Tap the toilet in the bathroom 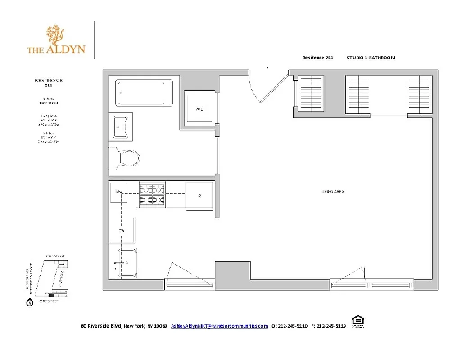129,158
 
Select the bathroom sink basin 121,126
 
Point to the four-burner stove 152,195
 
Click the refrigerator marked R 199,195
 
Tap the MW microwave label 119,192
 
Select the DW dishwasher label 121,231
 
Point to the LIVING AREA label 333,192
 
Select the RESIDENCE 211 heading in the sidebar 49,82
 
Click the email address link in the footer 219,326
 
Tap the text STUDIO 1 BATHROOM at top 371,58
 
